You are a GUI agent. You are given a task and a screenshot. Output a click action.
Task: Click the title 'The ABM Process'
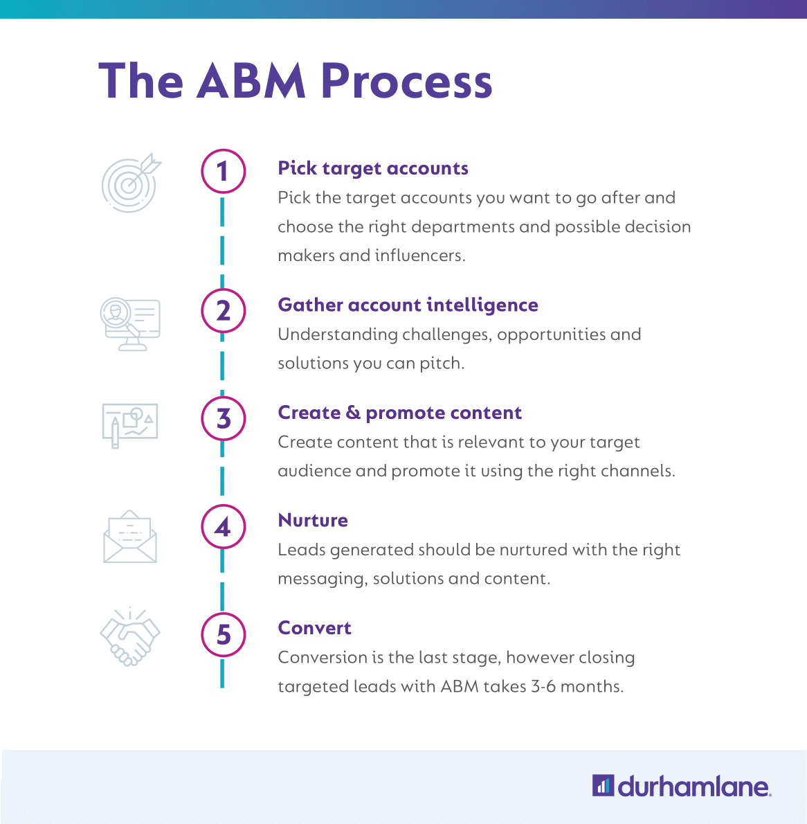tap(296, 82)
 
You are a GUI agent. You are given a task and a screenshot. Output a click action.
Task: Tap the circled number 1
tap(223, 171)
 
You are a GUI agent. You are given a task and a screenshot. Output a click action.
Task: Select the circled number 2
tap(223, 311)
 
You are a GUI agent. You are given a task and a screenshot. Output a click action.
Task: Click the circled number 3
tap(223, 418)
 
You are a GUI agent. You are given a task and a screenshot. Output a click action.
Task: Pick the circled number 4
tap(223, 527)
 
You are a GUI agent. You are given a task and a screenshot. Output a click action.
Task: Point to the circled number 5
tap(223, 634)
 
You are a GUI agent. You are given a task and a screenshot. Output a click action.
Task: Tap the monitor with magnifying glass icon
tap(130, 323)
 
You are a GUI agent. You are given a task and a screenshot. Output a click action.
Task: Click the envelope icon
tap(130, 537)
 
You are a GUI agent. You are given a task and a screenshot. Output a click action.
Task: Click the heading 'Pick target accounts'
tap(373, 168)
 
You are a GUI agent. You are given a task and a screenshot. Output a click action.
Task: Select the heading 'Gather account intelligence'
tap(408, 305)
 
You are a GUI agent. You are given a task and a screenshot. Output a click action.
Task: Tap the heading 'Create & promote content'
tap(399, 413)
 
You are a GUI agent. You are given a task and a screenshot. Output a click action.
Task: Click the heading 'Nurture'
tap(313, 520)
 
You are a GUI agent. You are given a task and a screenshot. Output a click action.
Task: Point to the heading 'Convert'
tap(314, 628)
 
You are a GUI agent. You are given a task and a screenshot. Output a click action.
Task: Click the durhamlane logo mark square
tap(603, 786)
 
